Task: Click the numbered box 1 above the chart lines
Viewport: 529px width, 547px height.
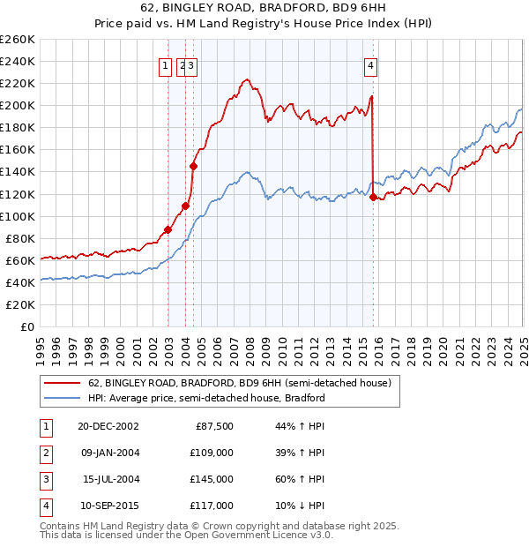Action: (165, 64)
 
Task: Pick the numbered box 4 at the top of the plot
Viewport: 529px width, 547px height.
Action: (372, 64)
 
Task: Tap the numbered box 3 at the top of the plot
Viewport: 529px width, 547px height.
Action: (190, 64)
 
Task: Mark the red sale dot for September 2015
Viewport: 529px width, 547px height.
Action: (373, 198)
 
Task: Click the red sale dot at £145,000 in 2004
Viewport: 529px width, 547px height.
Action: (193, 166)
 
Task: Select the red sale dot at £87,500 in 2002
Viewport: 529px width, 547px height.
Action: (168, 230)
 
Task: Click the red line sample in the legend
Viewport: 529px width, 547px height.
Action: (61, 383)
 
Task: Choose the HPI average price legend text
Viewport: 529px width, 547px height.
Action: (206, 398)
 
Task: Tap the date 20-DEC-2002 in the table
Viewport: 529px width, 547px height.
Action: (108, 426)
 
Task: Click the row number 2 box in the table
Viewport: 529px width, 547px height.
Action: (44, 453)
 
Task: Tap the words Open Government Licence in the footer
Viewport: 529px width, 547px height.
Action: (240, 535)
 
